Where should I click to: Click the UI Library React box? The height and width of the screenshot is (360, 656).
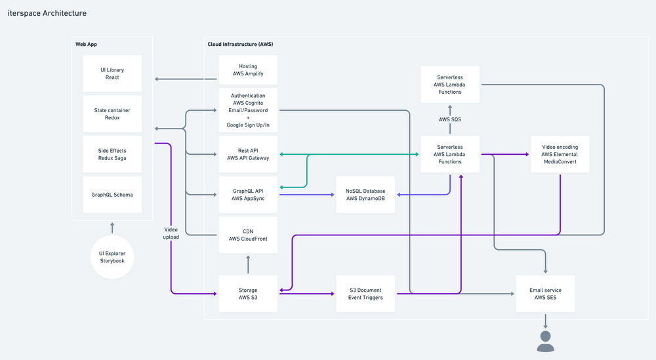tap(112, 73)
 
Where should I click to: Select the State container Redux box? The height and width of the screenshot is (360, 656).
tap(112, 113)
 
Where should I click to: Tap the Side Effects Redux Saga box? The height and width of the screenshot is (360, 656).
tap(112, 154)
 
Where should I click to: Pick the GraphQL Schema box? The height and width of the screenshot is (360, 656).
tap(112, 194)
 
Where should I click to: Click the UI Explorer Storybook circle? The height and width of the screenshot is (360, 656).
tap(112, 257)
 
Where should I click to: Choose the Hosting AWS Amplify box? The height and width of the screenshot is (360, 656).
tap(248, 70)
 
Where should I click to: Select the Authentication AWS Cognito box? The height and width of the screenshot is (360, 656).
tap(248, 110)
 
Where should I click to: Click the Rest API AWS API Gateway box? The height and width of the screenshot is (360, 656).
tap(248, 154)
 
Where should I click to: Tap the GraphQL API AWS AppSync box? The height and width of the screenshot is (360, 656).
tap(248, 194)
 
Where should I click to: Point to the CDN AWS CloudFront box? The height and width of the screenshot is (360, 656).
tap(248, 235)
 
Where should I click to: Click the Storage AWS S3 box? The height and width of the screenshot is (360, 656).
tap(248, 294)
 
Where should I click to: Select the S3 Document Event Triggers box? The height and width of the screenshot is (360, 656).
tap(365, 294)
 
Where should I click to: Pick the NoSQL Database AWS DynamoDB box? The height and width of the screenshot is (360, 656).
tap(365, 194)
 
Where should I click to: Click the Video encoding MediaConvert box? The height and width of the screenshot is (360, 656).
tap(560, 154)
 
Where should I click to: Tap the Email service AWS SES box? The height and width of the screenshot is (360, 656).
tap(546, 294)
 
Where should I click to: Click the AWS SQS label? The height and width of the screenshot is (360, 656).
tap(450, 119)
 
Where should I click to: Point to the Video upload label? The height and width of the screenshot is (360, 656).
tap(171, 233)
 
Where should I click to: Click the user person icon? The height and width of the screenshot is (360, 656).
tap(546, 342)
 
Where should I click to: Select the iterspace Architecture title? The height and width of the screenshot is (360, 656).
tap(47, 13)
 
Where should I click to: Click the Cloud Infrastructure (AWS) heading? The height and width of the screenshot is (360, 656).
tap(240, 44)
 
